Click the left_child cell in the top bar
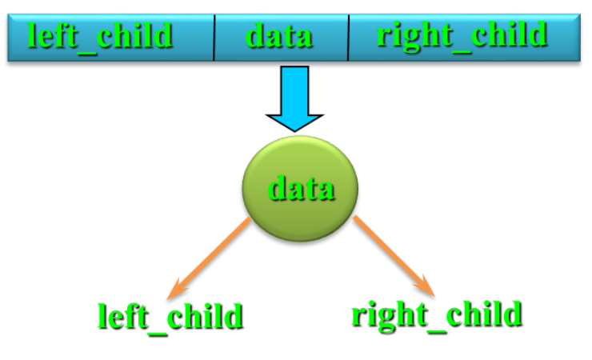click(x=101, y=37)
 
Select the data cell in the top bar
click(x=279, y=37)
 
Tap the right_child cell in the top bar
click(x=462, y=36)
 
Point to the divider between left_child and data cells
click(x=214, y=38)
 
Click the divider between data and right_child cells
click(x=349, y=38)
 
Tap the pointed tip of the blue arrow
click(x=294, y=128)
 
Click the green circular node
click(x=299, y=188)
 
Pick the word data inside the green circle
click(x=300, y=189)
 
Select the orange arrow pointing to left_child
click(x=212, y=255)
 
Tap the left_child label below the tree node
click(x=169, y=316)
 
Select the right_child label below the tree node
click(x=436, y=314)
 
